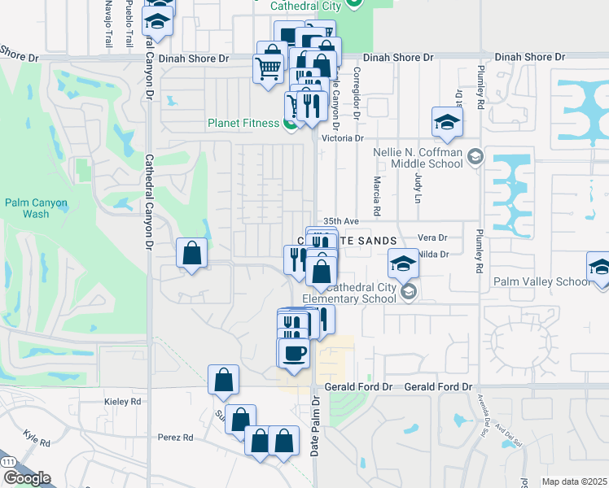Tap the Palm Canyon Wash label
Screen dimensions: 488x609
coord(36,208)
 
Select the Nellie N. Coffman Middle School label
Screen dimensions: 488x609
coord(417,158)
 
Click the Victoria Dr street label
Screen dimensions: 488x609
coord(342,138)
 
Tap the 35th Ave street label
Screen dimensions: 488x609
coord(340,220)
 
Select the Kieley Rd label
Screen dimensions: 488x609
coord(123,402)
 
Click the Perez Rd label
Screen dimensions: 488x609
coord(176,437)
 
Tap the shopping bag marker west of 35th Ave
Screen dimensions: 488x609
coord(191,254)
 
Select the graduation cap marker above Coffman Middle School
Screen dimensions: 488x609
coord(447,122)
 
